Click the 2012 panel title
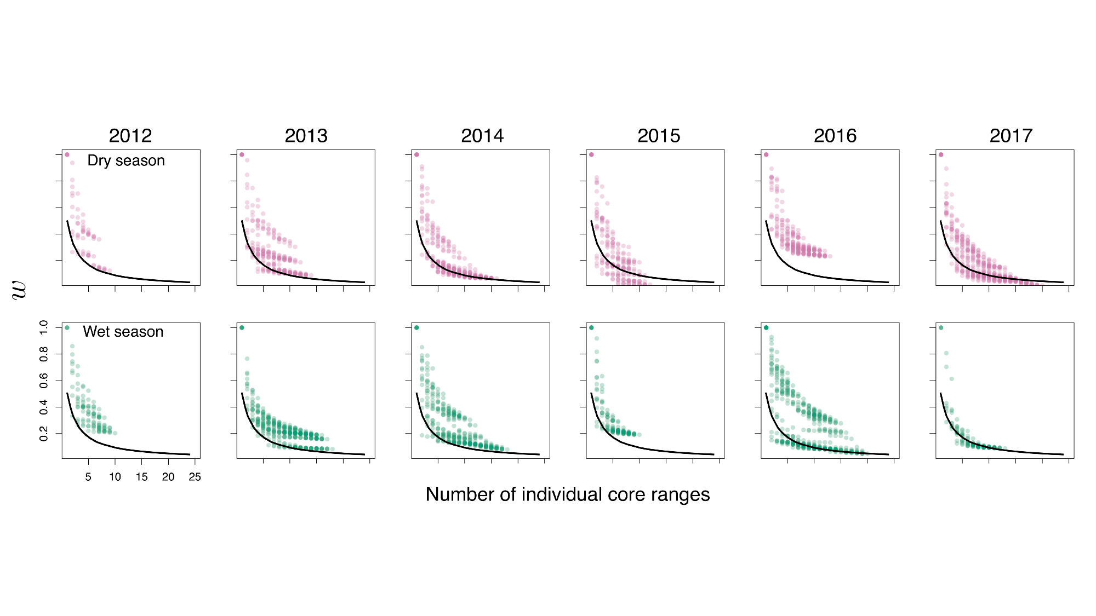coord(130,136)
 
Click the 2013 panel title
coord(306,136)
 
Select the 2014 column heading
coord(482,136)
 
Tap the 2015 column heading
coord(659,136)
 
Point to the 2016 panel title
coord(835,136)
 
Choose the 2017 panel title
coord(1011,136)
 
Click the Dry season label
coord(126,160)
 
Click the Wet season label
coord(123,332)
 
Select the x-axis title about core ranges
coord(568,494)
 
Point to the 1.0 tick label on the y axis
coord(44,327)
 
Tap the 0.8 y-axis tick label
coord(44,354)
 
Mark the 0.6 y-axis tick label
coord(44,381)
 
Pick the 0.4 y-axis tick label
coord(44,407)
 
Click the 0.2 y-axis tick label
coord(44,434)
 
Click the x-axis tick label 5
coord(88,477)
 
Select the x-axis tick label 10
coord(115,477)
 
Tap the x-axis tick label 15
coord(141,477)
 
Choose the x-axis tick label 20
coord(168,477)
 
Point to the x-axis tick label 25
coord(195,477)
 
